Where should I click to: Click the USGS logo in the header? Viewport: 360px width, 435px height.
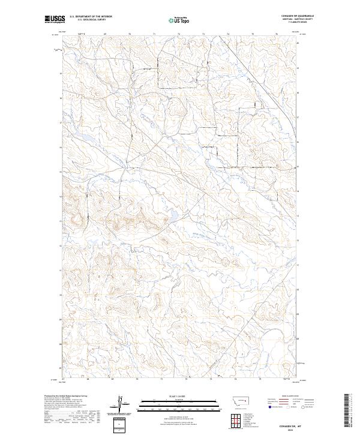[55, 20]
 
